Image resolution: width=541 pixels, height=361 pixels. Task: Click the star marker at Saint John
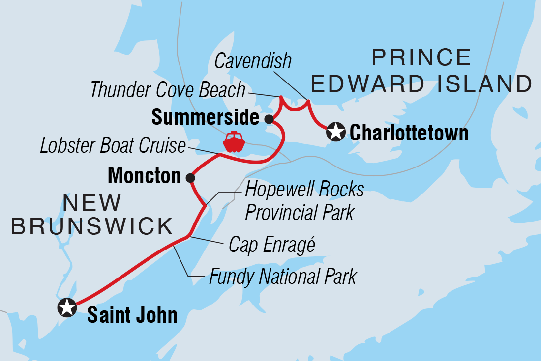point(67,307)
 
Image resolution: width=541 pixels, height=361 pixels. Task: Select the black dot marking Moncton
point(190,178)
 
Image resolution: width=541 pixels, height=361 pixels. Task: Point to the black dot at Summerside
point(269,119)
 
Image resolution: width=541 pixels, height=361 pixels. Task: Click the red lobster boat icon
point(234,142)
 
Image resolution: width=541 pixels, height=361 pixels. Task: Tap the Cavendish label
point(253,61)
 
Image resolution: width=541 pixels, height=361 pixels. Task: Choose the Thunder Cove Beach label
point(168,90)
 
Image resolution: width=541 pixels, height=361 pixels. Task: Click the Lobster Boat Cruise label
point(113,146)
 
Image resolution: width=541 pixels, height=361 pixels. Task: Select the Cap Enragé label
point(271,245)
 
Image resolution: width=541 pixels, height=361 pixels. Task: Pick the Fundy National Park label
point(282,277)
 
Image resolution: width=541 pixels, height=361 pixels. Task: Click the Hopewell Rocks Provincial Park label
point(304,201)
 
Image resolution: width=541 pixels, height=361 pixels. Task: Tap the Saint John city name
point(132,315)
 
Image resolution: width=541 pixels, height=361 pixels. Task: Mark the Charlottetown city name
point(409,133)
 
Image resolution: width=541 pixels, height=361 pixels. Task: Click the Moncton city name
point(144,176)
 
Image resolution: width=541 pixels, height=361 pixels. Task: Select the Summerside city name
point(205,118)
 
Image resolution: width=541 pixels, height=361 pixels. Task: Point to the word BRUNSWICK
point(92,226)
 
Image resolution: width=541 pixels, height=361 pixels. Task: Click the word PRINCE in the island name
point(421,58)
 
